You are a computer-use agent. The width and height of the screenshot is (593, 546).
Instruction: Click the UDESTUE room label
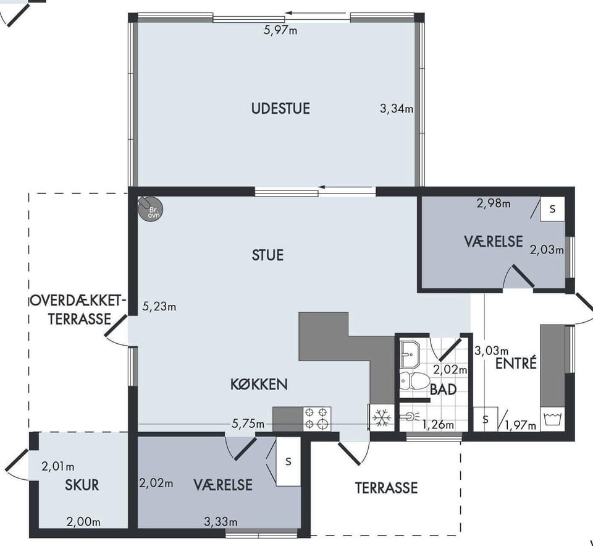click(x=280, y=109)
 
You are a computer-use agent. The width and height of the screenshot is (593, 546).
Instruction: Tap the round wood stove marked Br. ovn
click(x=151, y=210)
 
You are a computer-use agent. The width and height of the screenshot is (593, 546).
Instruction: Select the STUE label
click(x=267, y=255)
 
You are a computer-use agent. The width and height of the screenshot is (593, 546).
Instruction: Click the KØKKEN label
click(x=259, y=385)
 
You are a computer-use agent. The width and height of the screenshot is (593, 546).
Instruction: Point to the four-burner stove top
click(x=317, y=419)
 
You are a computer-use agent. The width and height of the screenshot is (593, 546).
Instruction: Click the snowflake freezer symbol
click(x=381, y=417)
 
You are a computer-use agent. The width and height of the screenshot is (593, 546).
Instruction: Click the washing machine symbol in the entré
click(x=552, y=419)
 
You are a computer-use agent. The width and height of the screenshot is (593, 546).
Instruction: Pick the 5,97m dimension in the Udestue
click(x=280, y=30)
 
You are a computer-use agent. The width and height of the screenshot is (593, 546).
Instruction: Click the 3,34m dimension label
click(x=397, y=109)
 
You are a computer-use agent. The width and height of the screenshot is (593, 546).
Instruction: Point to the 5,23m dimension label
click(x=159, y=306)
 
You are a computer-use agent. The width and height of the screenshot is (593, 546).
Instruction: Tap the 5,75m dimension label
click(x=248, y=424)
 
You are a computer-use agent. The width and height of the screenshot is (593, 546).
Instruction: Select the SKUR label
click(x=82, y=485)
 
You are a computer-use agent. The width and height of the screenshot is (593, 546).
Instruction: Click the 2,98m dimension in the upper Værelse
click(x=494, y=203)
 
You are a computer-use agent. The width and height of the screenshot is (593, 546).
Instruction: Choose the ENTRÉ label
click(x=516, y=363)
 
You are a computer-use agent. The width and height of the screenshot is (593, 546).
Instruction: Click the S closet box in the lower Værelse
click(x=288, y=461)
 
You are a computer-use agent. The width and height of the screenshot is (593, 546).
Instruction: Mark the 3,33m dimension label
click(x=221, y=522)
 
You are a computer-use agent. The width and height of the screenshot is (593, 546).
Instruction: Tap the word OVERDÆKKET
click(x=77, y=301)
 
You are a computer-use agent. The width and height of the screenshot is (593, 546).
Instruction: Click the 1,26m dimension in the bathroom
click(x=439, y=424)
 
